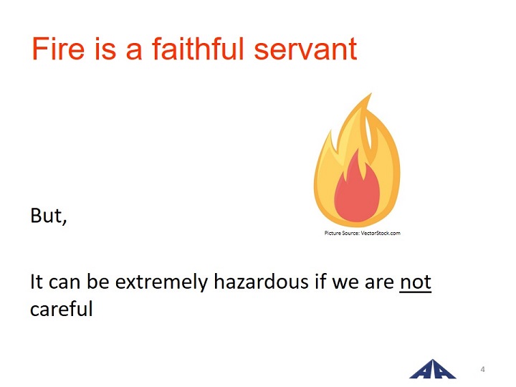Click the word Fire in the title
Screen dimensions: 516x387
tap(58, 49)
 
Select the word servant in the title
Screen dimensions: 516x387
tap(305, 49)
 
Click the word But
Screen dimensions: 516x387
tap(49, 216)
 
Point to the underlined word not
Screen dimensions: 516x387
tap(415, 282)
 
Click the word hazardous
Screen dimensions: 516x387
tap(262, 282)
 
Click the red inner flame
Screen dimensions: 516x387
tap(357, 190)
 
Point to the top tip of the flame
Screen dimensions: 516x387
tap(371, 93)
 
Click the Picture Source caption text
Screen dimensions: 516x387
tap(363, 233)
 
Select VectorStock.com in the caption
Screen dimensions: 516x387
tap(381, 233)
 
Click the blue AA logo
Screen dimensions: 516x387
tap(432, 369)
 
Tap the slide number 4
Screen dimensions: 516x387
tap(482, 369)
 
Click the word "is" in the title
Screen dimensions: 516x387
tap(105, 49)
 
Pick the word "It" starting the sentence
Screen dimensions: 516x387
tap(37, 282)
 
